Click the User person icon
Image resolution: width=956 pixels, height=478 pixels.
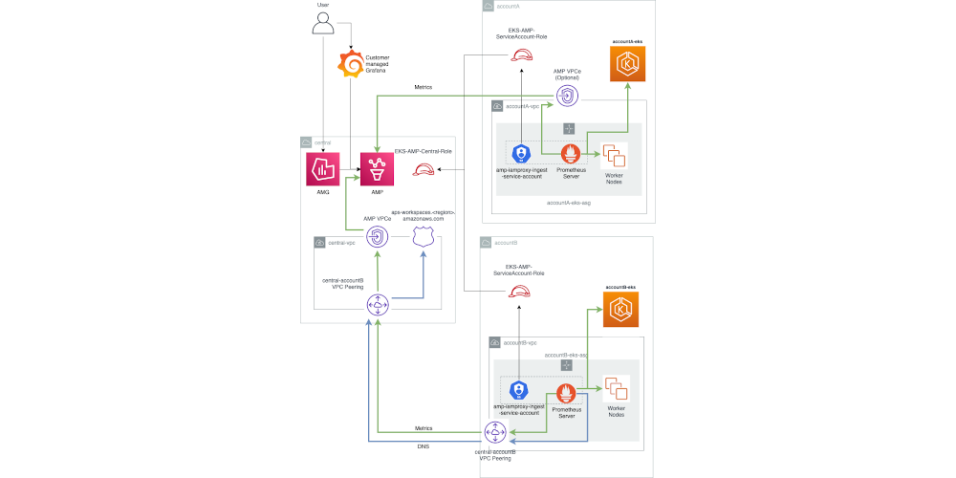[323, 24]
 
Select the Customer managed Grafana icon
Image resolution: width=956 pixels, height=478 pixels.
[352, 64]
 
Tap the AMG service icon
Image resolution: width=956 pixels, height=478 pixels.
[323, 169]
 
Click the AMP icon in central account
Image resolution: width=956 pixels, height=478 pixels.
[377, 169]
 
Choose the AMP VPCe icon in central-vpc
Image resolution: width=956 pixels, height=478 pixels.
[377, 236]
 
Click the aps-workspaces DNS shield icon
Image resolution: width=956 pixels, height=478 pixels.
[423, 236]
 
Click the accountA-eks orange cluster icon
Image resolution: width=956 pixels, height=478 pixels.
[628, 64]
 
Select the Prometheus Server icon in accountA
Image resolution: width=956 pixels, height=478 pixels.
[571, 154]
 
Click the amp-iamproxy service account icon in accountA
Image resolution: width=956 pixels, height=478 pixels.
[522, 154]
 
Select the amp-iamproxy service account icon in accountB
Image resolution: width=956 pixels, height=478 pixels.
[519, 390]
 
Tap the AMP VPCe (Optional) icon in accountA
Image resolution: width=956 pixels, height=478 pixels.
[566, 96]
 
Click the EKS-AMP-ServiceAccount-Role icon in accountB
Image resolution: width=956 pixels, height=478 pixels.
[519, 292]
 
